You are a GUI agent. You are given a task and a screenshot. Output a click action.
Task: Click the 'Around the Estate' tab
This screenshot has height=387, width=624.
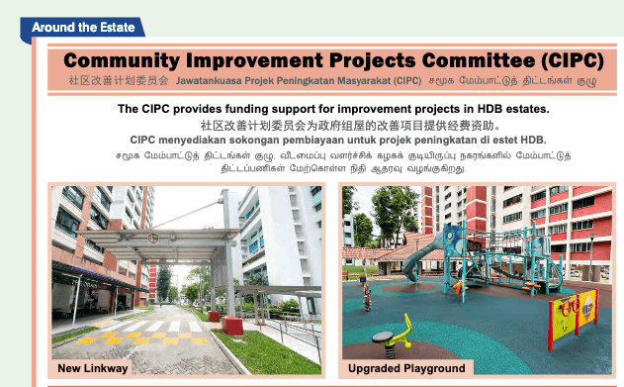coord(81,27)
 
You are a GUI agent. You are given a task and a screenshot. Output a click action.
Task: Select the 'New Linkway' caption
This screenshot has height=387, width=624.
coord(93,368)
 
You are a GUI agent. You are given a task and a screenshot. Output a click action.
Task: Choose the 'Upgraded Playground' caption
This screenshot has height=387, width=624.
coord(406,368)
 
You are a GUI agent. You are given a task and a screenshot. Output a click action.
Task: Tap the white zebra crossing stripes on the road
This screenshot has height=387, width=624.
coord(158,326)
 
